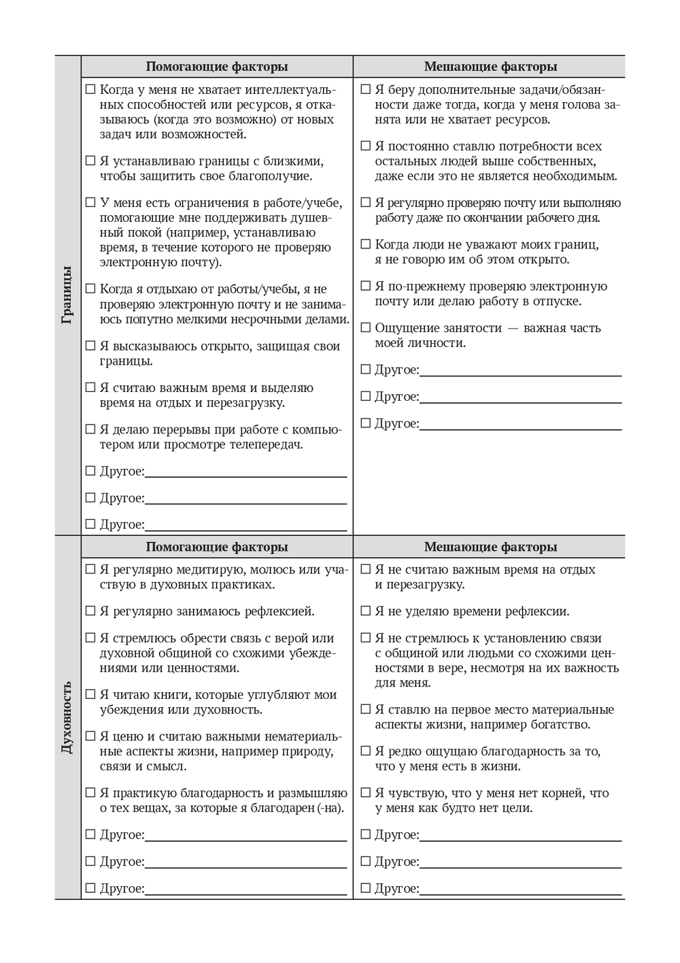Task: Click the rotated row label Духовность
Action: (67, 717)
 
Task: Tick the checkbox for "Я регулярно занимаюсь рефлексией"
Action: (90, 611)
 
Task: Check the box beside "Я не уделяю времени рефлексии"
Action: (366, 611)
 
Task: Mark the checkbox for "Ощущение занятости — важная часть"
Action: (366, 327)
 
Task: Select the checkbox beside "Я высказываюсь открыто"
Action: (90, 346)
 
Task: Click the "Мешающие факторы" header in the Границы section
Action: (490, 67)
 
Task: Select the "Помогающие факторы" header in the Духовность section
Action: (217, 547)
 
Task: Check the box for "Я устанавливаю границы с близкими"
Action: (90, 161)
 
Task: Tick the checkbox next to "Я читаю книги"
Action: (90, 695)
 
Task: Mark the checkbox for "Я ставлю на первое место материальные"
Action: (366, 710)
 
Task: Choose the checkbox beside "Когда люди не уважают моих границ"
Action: (366, 244)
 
